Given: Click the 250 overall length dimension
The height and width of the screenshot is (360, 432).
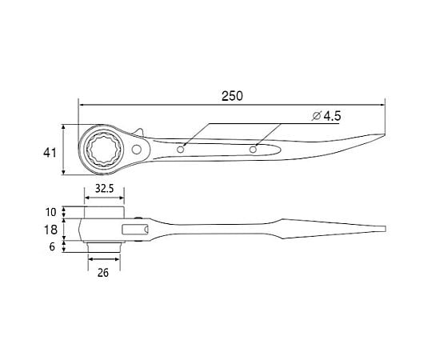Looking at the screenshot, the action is pos(232,96).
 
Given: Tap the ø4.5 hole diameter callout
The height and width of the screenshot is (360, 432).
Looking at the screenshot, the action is pos(326,116).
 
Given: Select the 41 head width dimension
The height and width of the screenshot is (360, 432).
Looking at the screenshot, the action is pos(50,153).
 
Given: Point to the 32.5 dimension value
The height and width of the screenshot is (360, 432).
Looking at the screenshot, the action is pos(105,189).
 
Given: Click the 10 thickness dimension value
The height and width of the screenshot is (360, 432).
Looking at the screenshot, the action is pos(50,212).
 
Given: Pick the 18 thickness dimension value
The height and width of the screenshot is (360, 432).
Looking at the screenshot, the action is pos(50,230).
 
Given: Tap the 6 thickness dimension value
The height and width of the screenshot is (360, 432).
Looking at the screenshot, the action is pos(52,246).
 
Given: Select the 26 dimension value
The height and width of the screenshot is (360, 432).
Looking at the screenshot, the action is pos(103,273).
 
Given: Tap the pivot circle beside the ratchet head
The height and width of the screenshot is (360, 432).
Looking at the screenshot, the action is pos(136,150).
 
